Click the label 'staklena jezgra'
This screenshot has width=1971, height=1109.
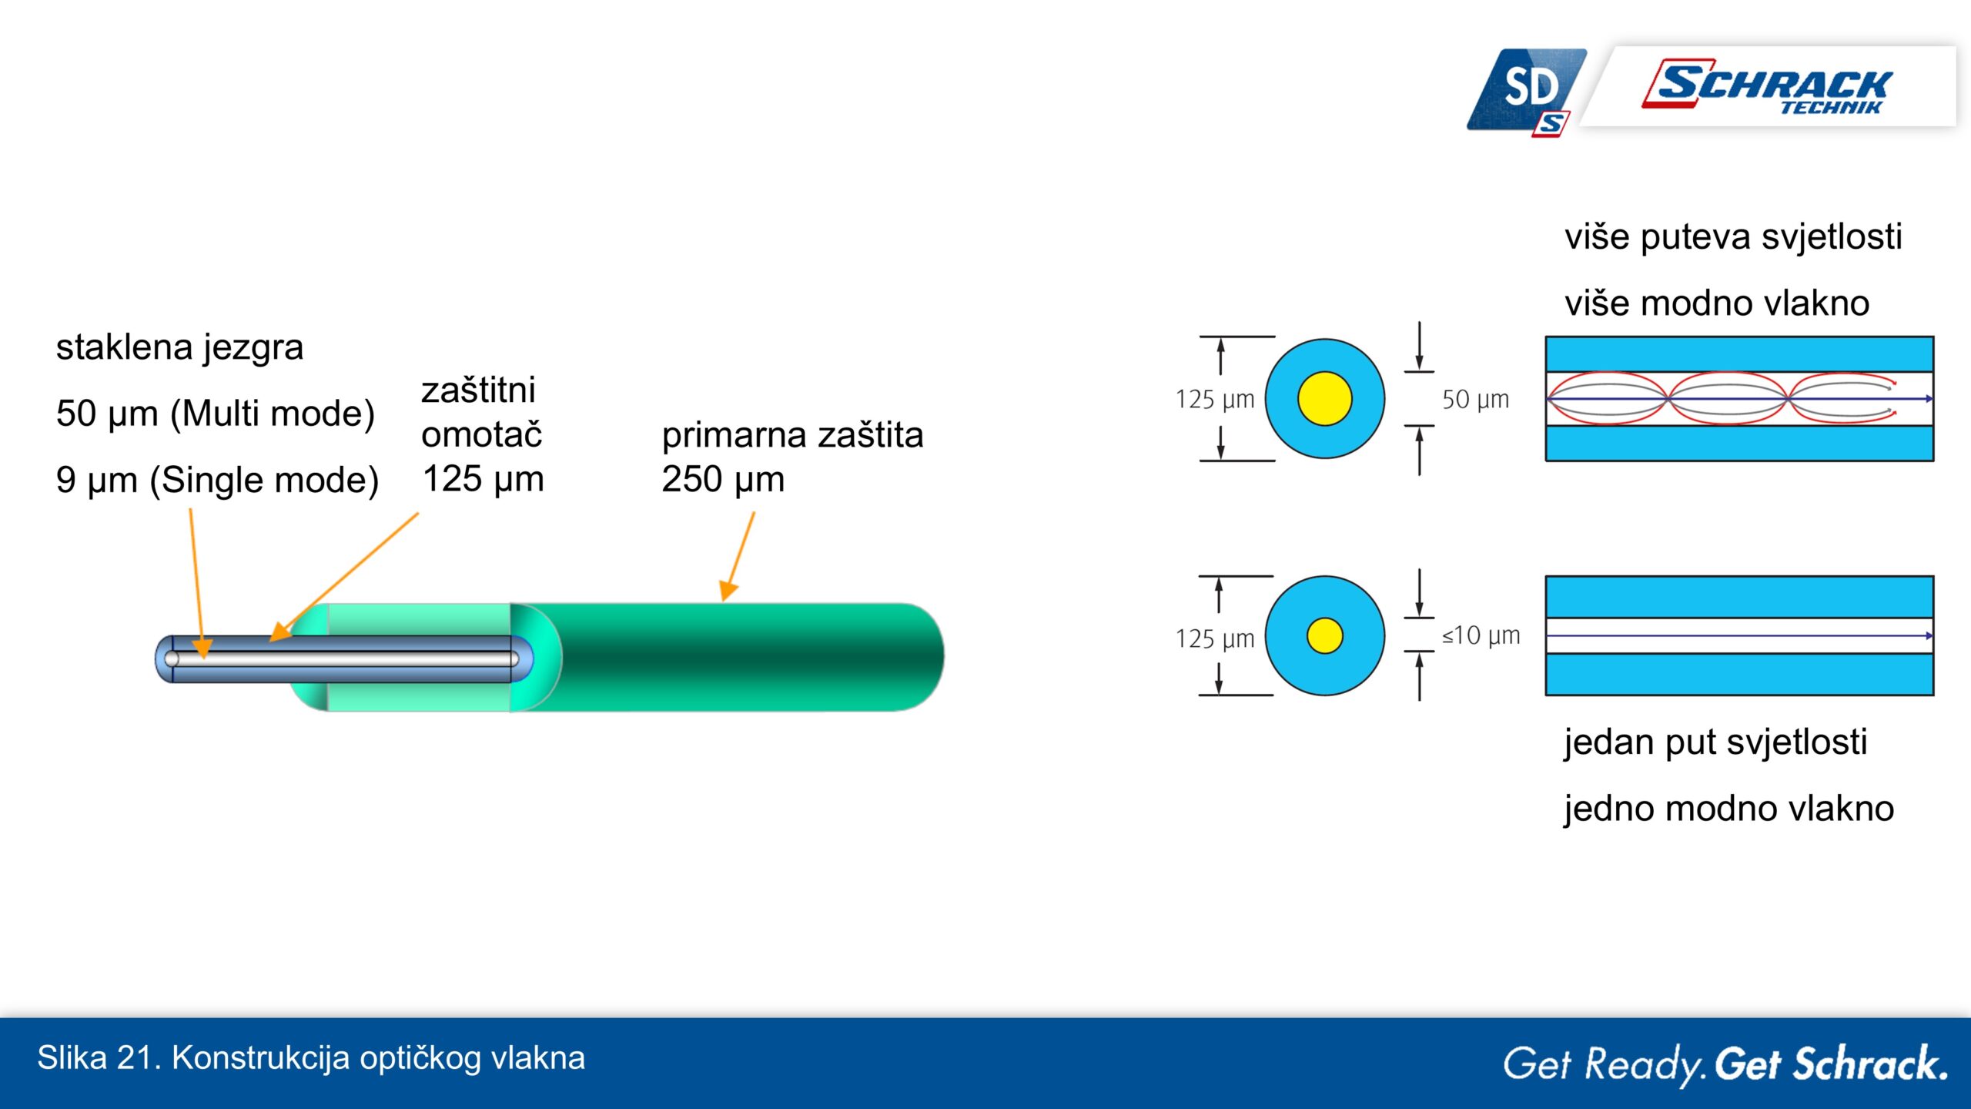pyautogui.click(x=179, y=347)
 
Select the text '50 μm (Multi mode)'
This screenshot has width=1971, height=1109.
pyautogui.click(x=216, y=414)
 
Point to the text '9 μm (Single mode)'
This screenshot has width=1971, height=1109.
pyautogui.click(x=217, y=480)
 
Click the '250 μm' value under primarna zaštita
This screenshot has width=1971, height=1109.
pyautogui.click(x=723, y=480)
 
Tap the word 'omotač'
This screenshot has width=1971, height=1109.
pyautogui.click(x=482, y=434)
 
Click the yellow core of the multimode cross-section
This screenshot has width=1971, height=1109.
pyautogui.click(x=1324, y=399)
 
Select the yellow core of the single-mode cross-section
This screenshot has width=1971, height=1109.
pyautogui.click(x=1324, y=635)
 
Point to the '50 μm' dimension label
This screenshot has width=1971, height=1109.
pyautogui.click(x=1475, y=400)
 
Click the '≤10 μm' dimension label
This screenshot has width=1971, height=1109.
pyautogui.click(x=1481, y=635)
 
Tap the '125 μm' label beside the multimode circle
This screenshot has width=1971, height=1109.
pyautogui.click(x=1214, y=400)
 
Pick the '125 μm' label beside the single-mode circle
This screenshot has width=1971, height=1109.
pyautogui.click(x=1214, y=638)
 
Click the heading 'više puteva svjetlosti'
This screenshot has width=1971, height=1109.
pyautogui.click(x=1733, y=236)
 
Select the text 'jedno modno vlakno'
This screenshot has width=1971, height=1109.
pyautogui.click(x=1728, y=809)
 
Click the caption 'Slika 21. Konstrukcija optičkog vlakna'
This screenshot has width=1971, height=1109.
pyautogui.click(x=311, y=1058)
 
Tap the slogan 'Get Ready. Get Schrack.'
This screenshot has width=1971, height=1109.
pyautogui.click(x=1725, y=1064)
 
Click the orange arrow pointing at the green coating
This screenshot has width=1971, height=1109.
pyautogui.click(x=738, y=556)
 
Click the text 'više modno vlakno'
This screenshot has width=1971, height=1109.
pyautogui.click(x=1717, y=303)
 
